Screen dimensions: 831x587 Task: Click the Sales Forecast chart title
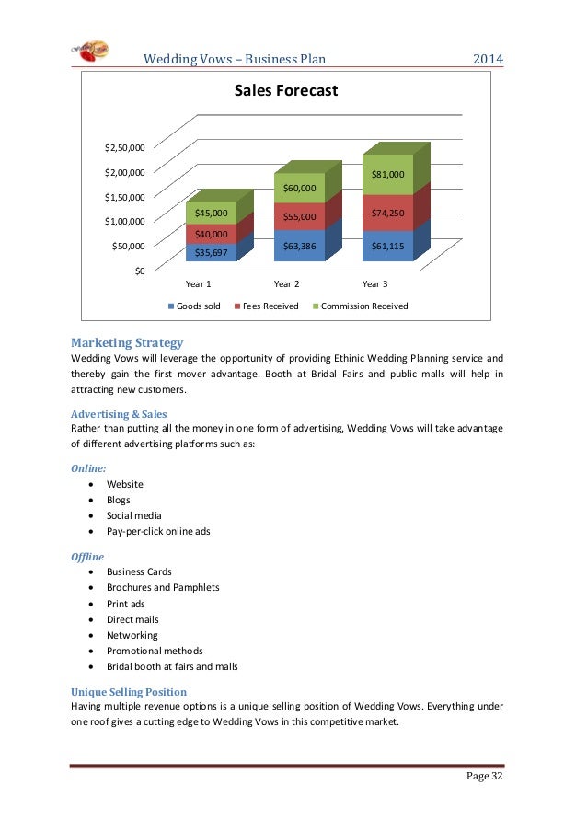click(x=285, y=91)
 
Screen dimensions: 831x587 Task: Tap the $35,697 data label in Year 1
click(x=211, y=252)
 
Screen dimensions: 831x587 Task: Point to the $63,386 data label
click(x=299, y=246)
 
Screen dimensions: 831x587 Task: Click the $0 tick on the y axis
click(x=138, y=270)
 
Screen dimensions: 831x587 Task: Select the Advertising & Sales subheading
click(x=119, y=414)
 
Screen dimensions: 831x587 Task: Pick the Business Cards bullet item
click(x=139, y=571)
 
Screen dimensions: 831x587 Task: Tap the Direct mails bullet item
click(x=134, y=618)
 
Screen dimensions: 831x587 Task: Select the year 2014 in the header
click(x=488, y=60)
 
